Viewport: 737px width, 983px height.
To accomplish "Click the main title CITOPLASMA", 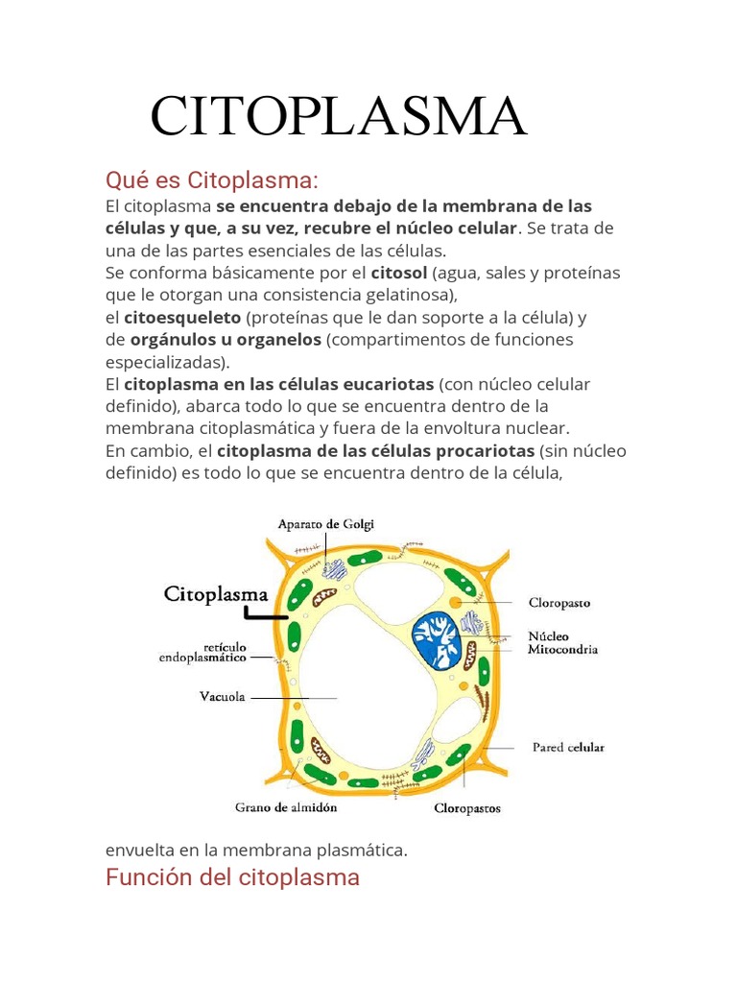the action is coord(339,117).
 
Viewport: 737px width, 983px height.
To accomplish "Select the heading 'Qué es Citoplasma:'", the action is coord(210,180).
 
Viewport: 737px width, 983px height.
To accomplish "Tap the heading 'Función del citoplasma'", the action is coord(232,876).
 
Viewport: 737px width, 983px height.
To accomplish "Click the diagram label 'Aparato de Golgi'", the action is coord(325,524).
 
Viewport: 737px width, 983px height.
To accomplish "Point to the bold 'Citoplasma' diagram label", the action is coord(216,593).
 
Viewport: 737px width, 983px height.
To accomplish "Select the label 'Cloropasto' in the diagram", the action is coord(559,604).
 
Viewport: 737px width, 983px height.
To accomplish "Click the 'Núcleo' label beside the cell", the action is coord(549,635).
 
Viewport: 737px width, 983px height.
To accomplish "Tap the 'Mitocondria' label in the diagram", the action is coord(562,649).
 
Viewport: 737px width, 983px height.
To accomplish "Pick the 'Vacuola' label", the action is coord(222,698).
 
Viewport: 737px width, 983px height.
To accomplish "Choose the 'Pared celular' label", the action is coord(568,747).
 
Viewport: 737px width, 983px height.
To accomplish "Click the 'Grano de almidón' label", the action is coord(286,807).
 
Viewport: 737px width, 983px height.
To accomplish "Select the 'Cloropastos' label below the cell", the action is coord(466,808).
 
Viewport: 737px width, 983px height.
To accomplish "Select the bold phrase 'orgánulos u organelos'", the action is coord(226,340).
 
